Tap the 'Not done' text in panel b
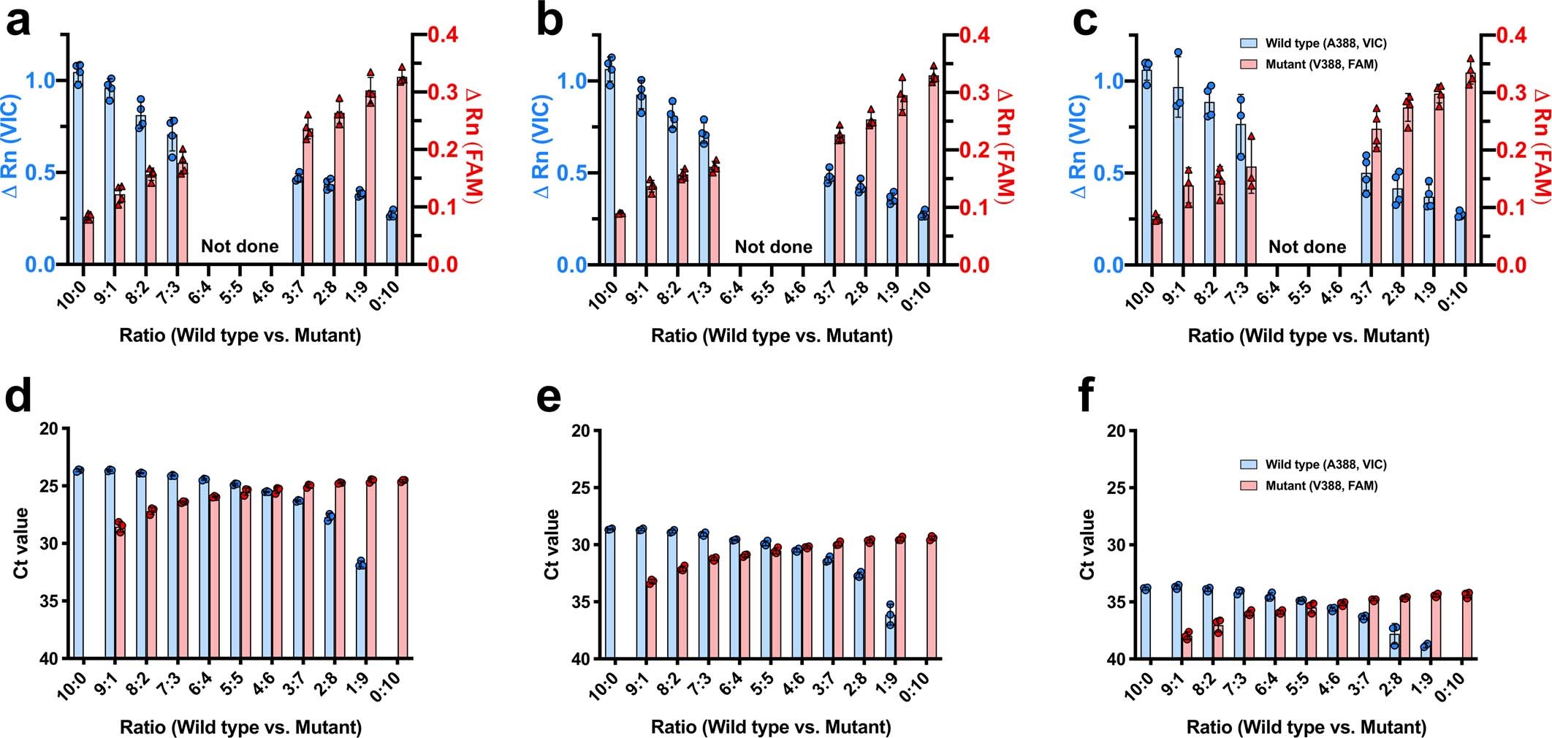773,247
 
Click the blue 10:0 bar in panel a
78,168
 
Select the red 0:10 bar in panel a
402,172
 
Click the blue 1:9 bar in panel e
890,636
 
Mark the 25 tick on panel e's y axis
582,488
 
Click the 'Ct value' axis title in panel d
22,543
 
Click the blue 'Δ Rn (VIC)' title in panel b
542,146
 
